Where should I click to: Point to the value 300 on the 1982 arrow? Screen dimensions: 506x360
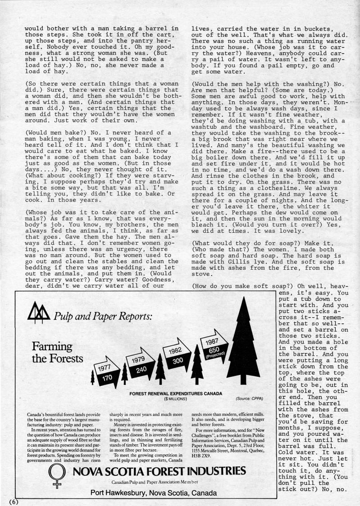(x=177, y=361)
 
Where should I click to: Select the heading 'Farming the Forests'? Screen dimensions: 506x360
(x=58, y=353)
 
